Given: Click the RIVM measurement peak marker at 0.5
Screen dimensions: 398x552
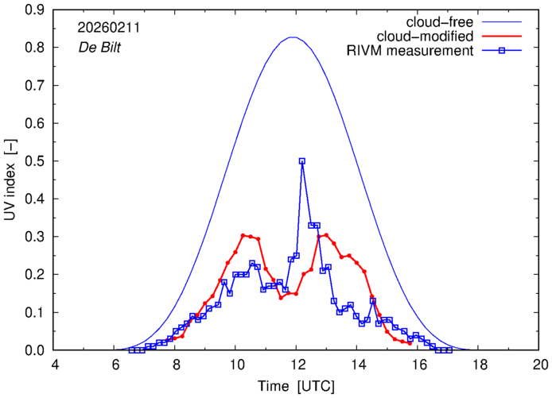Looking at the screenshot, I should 302,161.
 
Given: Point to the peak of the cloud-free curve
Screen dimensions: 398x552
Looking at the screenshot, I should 293,37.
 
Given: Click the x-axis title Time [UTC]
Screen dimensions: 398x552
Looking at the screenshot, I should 296,387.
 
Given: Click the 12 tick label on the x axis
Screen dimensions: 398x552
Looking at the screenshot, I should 297,365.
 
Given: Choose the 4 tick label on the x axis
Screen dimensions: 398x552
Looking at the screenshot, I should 54,365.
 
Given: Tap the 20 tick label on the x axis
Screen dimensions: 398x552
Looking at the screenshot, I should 540,365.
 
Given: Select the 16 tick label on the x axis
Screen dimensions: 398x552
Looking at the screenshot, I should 418,365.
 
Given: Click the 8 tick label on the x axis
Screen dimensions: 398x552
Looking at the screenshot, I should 176,365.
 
